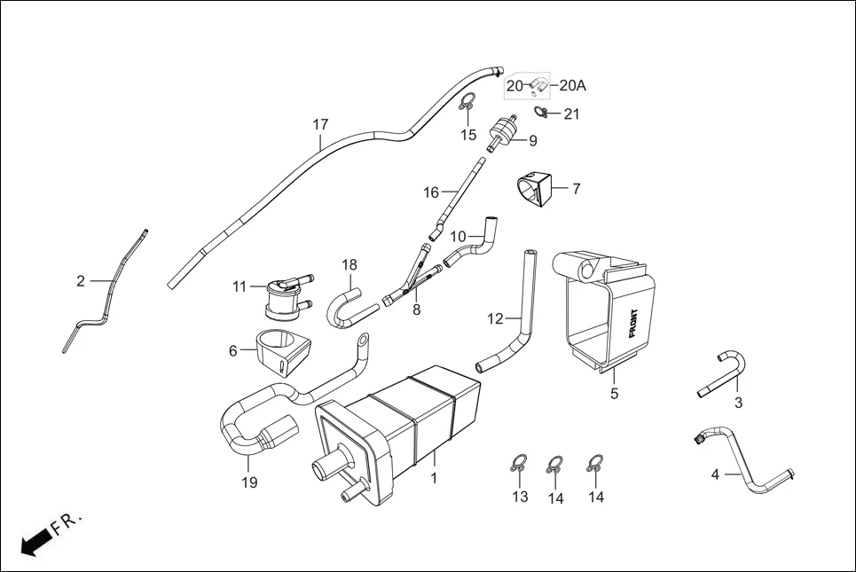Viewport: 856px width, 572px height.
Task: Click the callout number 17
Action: (320, 123)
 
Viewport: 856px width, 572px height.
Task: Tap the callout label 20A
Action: (573, 86)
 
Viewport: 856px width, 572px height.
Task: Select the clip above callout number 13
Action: (519, 463)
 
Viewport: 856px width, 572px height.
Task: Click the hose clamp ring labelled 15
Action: (467, 105)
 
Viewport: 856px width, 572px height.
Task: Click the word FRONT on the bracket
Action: (632, 324)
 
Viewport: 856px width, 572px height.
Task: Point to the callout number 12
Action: (495, 317)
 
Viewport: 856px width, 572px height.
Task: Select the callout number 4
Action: (715, 474)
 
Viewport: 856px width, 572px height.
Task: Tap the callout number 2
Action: (81, 281)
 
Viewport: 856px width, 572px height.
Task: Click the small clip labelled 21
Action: (542, 112)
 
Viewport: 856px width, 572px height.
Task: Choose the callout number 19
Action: (249, 482)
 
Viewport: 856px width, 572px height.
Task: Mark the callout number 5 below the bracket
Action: (614, 394)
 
